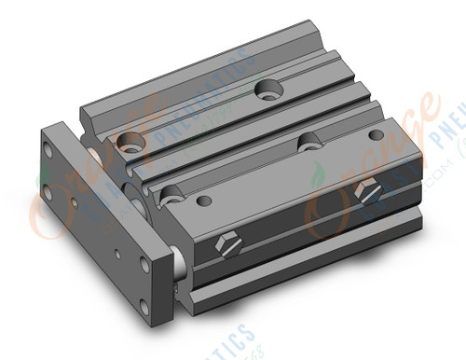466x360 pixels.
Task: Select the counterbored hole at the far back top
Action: [268, 90]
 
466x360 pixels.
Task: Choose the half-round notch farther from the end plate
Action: [308, 140]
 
